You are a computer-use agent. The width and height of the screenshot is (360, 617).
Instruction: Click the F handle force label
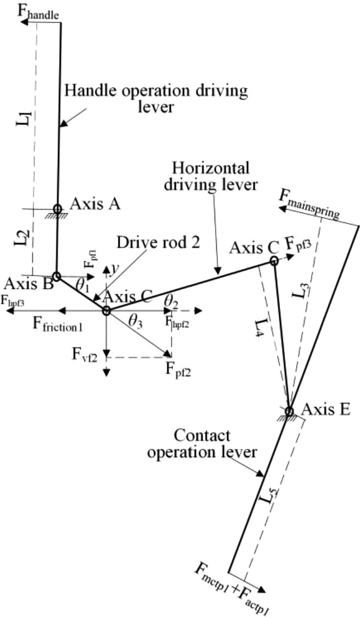[x=39, y=13]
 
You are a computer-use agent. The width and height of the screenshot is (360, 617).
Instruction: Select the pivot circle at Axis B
[x=56, y=276]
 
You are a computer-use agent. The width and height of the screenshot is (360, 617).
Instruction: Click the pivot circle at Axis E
[x=289, y=411]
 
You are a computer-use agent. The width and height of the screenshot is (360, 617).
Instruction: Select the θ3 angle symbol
[x=136, y=322]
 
